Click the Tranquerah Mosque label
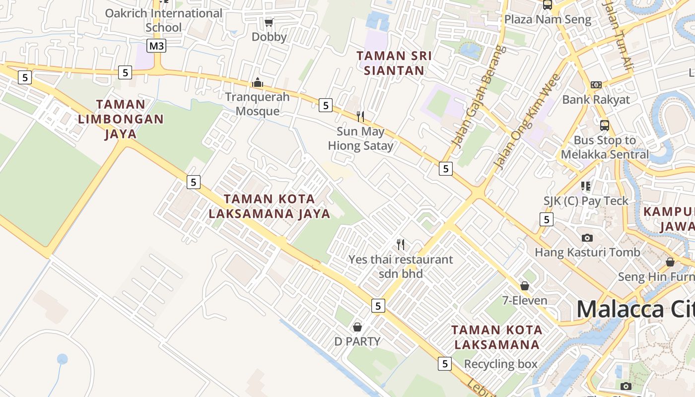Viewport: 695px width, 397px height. tap(257, 104)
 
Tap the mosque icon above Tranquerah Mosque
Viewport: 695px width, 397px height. tap(258, 82)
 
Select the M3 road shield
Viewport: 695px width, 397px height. tap(156, 46)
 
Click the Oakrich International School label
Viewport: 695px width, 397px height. tap(163, 20)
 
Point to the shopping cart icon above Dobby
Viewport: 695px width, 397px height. tap(269, 22)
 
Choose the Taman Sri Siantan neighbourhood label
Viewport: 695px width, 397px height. tap(394, 63)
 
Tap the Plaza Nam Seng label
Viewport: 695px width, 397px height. tap(548, 20)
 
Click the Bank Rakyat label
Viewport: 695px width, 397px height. tap(596, 100)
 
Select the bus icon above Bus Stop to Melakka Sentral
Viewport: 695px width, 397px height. tap(604, 125)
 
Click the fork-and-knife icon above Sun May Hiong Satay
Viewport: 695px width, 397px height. tap(360, 117)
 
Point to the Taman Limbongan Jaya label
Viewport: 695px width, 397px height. tap(121, 119)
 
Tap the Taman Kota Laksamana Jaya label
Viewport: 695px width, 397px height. tap(270, 206)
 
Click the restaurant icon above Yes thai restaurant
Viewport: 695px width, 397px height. tap(401, 244)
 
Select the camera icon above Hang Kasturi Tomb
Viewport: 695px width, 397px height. tap(587, 238)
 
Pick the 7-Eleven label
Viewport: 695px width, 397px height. tap(525, 301)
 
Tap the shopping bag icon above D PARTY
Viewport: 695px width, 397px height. tap(357, 327)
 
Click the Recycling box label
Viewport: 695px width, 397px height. tap(500, 364)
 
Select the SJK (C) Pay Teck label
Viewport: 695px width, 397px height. tap(586, 201)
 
